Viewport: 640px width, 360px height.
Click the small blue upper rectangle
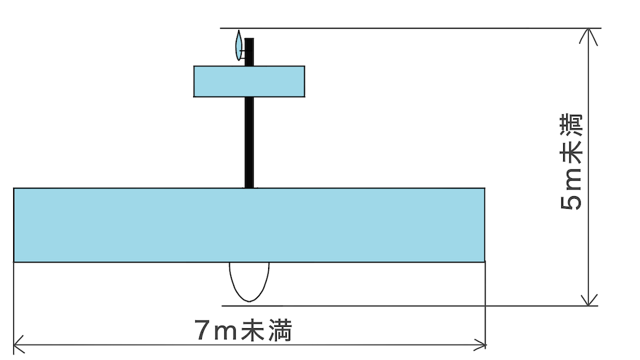[249, 81]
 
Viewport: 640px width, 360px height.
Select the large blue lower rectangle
[249, 225]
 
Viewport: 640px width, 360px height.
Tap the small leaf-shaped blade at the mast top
[239, 45]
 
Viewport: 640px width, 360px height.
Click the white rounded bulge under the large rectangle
[249, 282]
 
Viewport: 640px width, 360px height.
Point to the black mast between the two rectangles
[249, 142]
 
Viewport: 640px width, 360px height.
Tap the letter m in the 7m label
[225, 332]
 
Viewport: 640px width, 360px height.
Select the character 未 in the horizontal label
[252, 330]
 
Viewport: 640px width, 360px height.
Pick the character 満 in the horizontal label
[280, 330]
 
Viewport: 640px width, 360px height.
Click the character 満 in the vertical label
[571, 126]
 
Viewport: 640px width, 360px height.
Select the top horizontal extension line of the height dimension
[411, 28]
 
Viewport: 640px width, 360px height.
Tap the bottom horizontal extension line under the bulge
[410, 306]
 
